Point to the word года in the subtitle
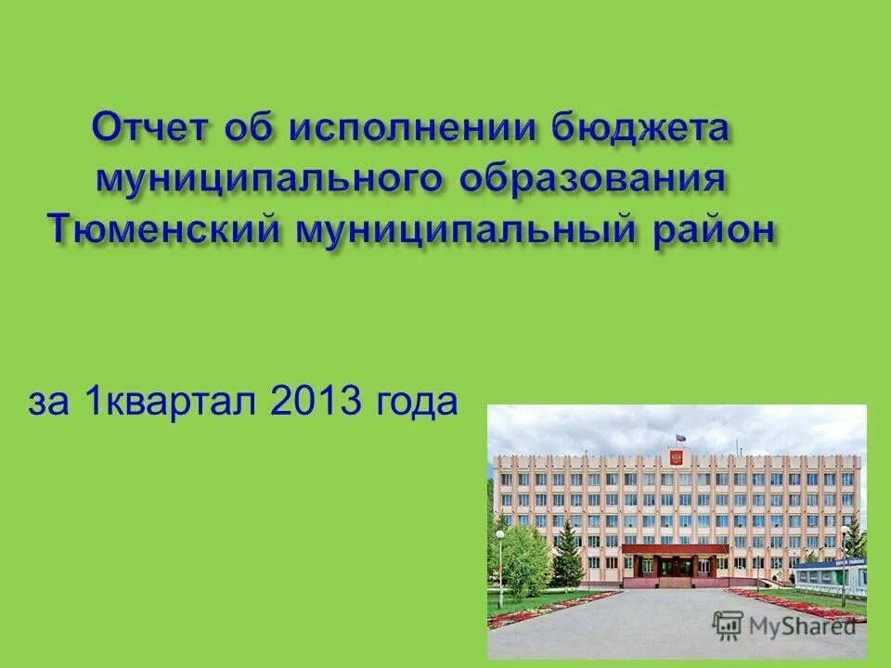pyautogui.click(x=417, y=404)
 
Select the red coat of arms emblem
pyautogui.click(x=675, y=456)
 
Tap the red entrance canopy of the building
pyautogui.click(x=675, y=549)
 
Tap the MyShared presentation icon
pyautogui.click(x=728, y=623)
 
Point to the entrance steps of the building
pyautogui.click(x=675, y=584)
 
